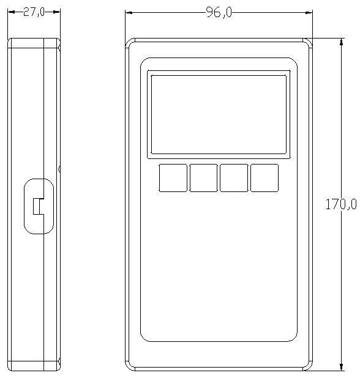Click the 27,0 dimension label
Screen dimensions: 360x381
coord(34,12)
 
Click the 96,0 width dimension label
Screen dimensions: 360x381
coord(219,12)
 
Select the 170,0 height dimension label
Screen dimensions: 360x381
coord(341,204)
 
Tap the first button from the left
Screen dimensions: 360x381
coord(173,178)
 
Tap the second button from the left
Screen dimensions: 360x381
coord(203,178)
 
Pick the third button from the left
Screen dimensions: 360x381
coord(234,178)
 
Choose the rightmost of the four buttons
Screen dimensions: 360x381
coord(264,178)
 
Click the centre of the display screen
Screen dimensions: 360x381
coord(219,114)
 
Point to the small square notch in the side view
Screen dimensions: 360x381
coord(38,206)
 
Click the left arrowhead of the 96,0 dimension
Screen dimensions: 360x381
coord(129,12)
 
